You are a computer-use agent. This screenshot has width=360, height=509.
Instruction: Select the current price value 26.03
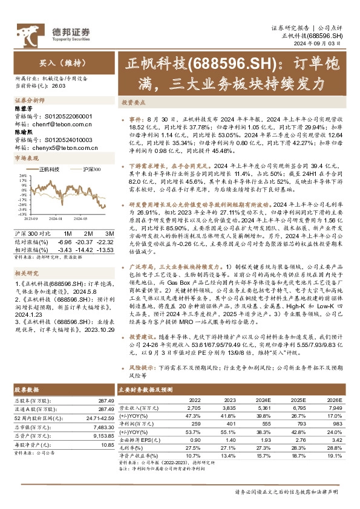click(59, 86)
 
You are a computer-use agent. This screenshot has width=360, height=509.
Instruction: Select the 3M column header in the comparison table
click(110, 233)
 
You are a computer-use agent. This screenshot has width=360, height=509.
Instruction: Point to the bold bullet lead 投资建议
click(142, 336)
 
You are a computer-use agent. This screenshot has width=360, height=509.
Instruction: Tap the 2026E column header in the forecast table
click(335, 400)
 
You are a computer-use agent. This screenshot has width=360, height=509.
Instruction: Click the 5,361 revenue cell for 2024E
click(261, 408)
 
